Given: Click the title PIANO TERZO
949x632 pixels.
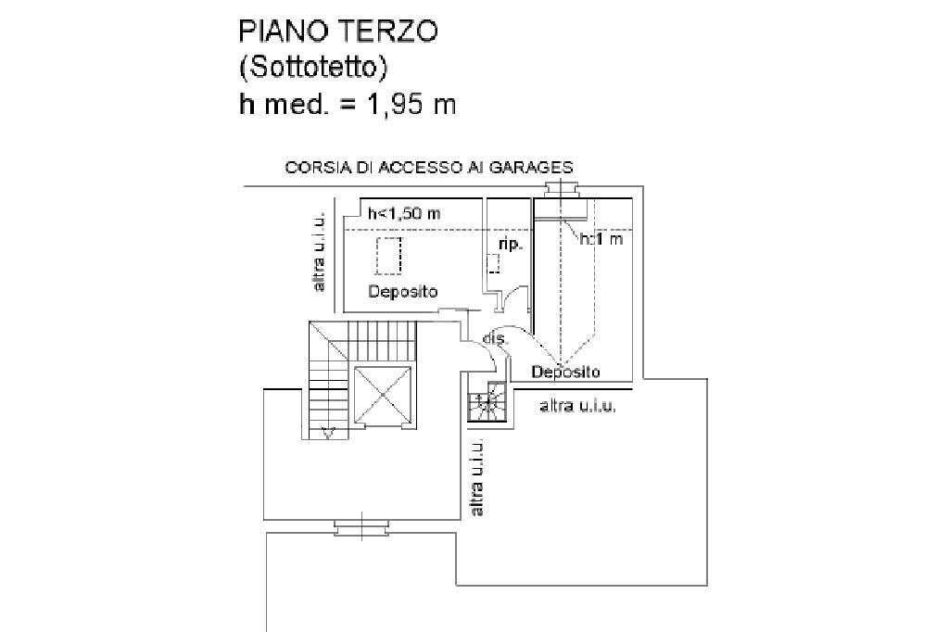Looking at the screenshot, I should (337, 31).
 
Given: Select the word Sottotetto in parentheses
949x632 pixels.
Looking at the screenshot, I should (313, 68).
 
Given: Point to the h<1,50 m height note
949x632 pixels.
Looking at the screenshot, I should (403, 214).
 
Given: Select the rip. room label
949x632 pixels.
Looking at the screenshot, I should (510, 245).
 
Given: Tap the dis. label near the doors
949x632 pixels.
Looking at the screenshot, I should (496, 339).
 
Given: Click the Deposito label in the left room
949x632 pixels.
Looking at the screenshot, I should (402, 291).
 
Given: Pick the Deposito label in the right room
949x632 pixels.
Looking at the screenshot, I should (565, 372).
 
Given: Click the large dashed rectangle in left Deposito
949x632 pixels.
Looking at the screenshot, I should (388, 254).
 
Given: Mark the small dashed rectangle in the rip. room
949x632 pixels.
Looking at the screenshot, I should (494, 262).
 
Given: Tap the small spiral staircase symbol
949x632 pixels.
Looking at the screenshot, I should (486, 403).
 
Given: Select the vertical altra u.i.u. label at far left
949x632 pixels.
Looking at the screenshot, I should (320, 251).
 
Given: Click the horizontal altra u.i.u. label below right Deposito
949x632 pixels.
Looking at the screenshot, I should (577, 406).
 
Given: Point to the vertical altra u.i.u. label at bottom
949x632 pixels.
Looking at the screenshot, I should (477, 477).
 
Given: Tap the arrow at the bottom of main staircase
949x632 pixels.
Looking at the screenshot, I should (327, 431).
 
